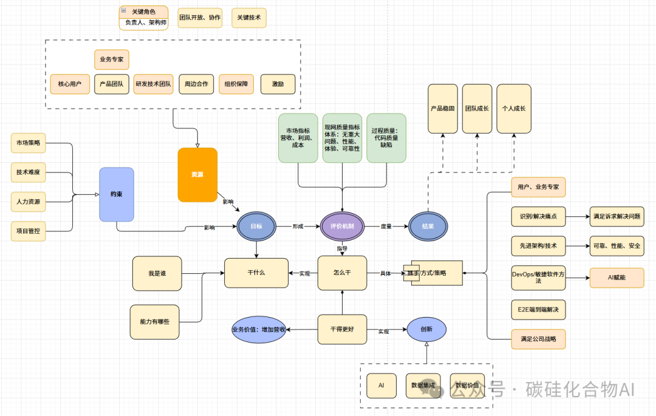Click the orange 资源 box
197,174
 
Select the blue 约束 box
117,194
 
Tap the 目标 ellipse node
256,226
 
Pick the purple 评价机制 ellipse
342,226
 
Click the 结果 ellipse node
428,226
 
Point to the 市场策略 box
29,143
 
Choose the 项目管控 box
29,231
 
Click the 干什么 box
256,273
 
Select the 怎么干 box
342,273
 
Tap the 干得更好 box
342,329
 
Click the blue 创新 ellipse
426,330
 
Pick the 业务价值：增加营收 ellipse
259,330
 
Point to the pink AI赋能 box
617,278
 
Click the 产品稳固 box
443,109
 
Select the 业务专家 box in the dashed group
112,60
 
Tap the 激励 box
278,84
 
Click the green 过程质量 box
386,138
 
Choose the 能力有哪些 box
155,322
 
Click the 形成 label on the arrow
298,226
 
